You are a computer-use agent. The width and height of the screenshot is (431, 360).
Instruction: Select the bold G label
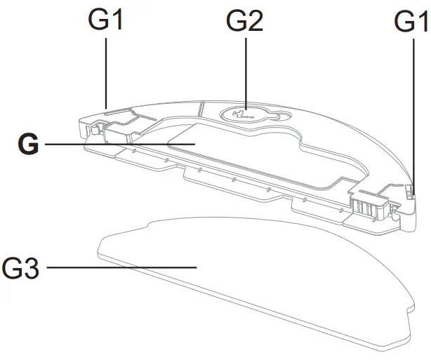(28, 145)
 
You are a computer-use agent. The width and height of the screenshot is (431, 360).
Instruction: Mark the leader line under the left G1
(106, 70)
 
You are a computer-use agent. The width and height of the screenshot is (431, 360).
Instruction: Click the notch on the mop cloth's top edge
(151, 225)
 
